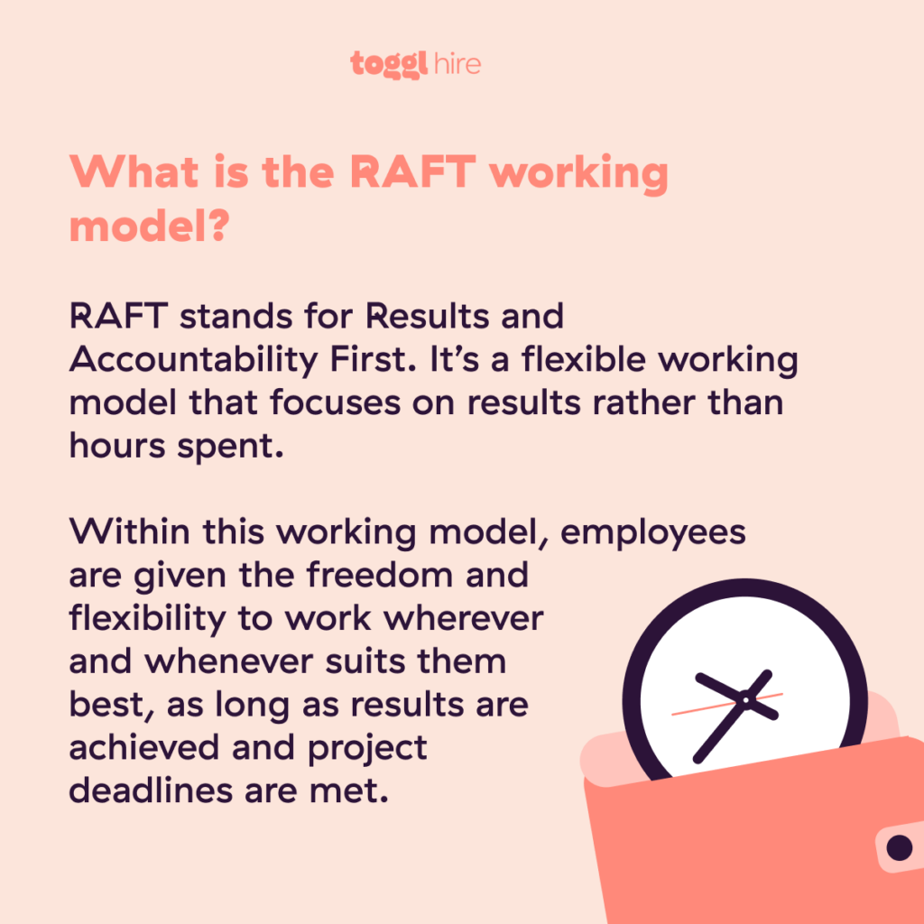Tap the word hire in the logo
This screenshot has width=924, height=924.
click(455, 64)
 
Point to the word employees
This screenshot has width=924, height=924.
click(653, 533)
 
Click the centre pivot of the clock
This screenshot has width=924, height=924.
click(745, 699)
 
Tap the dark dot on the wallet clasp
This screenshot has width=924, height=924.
click(899, 847)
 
